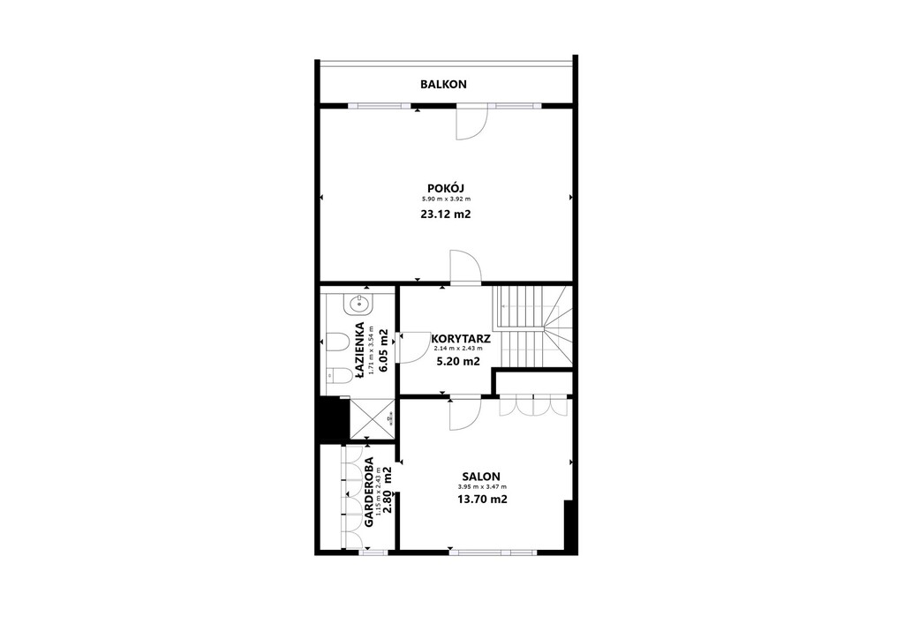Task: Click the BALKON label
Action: pos(443,84)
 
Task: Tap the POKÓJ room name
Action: pos(446,188)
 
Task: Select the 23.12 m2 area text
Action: pos(446,214)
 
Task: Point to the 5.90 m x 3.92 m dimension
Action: pos(446,199)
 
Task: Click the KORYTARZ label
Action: pos(461,339)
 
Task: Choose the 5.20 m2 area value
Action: pos(458,361)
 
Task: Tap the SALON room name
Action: pos(481,477)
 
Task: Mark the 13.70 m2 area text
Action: pos(482,499)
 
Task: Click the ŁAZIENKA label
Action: pos(360,350)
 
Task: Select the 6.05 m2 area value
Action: pos(383,350)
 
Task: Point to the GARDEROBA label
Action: pos(369,492)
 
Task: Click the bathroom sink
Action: pos(359,304)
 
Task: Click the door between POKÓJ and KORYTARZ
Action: pos(466,268)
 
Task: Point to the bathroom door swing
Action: pos(414,348)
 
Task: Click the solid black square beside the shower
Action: pos(332,419)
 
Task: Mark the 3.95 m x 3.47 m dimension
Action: pos(482,487)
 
